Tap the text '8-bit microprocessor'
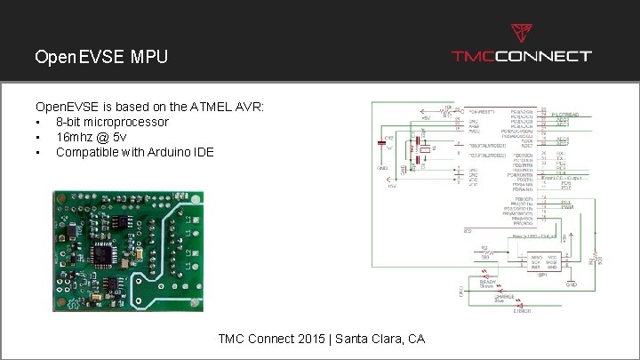point(112,121)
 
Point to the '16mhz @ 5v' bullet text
point(90,136)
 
